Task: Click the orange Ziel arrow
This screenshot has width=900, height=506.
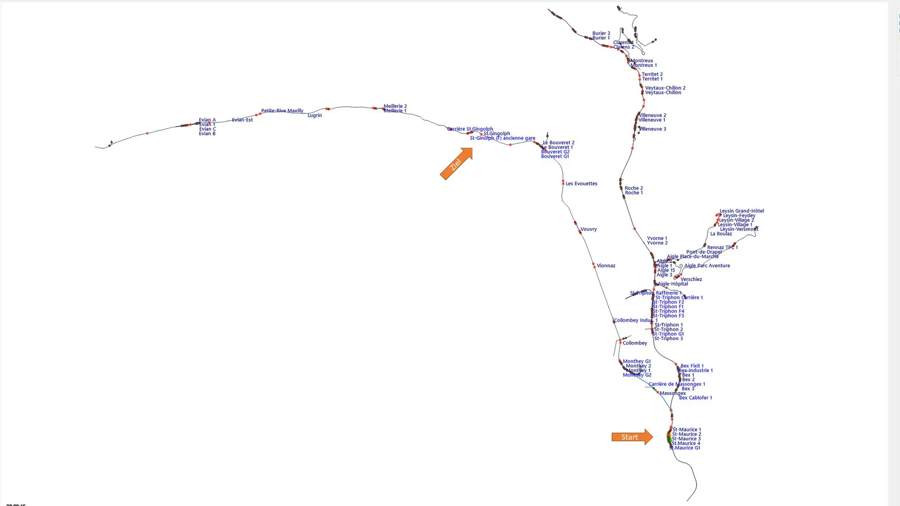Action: pyautogui.click(x=456, y=164)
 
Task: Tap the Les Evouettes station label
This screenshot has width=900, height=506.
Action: pyautogui.click(x=581, y=184)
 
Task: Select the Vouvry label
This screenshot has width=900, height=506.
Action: pyautogui.click(x=588, y=230)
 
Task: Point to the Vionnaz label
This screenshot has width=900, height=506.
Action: pyautogui.click(x=606, y=266)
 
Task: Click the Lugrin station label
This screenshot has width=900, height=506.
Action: pyautogui.click(x=315, y=115)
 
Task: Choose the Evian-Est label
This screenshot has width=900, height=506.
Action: pyautogui.click(x=242, y=120)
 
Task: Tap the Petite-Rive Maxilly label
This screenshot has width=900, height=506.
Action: pyautogui.click(x=282, y=111)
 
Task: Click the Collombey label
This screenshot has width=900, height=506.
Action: pyautogui.click(x=635, y=343)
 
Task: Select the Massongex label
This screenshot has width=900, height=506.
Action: pyautogui.click(x=672, y=393)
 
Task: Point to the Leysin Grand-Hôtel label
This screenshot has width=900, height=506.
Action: pyautogui.click(x=742, y=211)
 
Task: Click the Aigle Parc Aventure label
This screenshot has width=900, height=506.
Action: pyautogui.click(x=707, y=266)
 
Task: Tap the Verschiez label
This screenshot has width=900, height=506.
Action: pyautogui.click(x=691, y=279)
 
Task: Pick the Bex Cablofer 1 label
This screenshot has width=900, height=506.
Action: pyautogui.click(x=695, y=398)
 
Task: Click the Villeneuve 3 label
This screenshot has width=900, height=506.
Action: pyautogui.click(x=652, y=129)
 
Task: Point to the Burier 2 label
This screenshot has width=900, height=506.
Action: pyautogui.click(x=601, y=33)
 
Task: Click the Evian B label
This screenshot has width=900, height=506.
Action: pyautogui.click(x=207, y=134)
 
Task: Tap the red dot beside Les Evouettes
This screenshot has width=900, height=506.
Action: pyautogui.click(x=563, y=183)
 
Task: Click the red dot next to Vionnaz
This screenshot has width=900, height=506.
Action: pyautogui.click(x=594, y=266)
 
